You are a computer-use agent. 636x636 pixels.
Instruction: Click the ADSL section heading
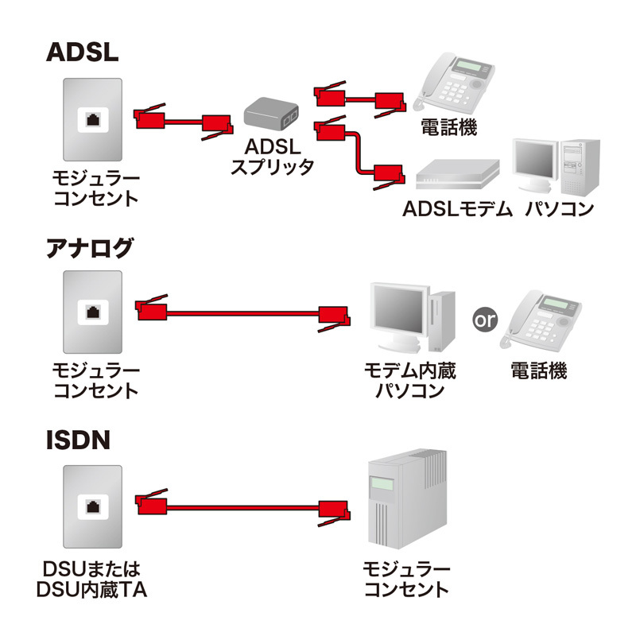(82, 52)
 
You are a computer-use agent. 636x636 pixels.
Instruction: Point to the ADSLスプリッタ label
(270, 157)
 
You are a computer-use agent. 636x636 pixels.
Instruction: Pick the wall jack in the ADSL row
(94, 121)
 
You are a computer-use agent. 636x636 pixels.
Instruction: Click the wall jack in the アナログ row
(94, 312)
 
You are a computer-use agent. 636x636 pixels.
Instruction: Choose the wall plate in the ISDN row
(94, 506)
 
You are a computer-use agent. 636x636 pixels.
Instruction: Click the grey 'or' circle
(484, 320)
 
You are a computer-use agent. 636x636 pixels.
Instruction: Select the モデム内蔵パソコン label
(410, 381)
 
